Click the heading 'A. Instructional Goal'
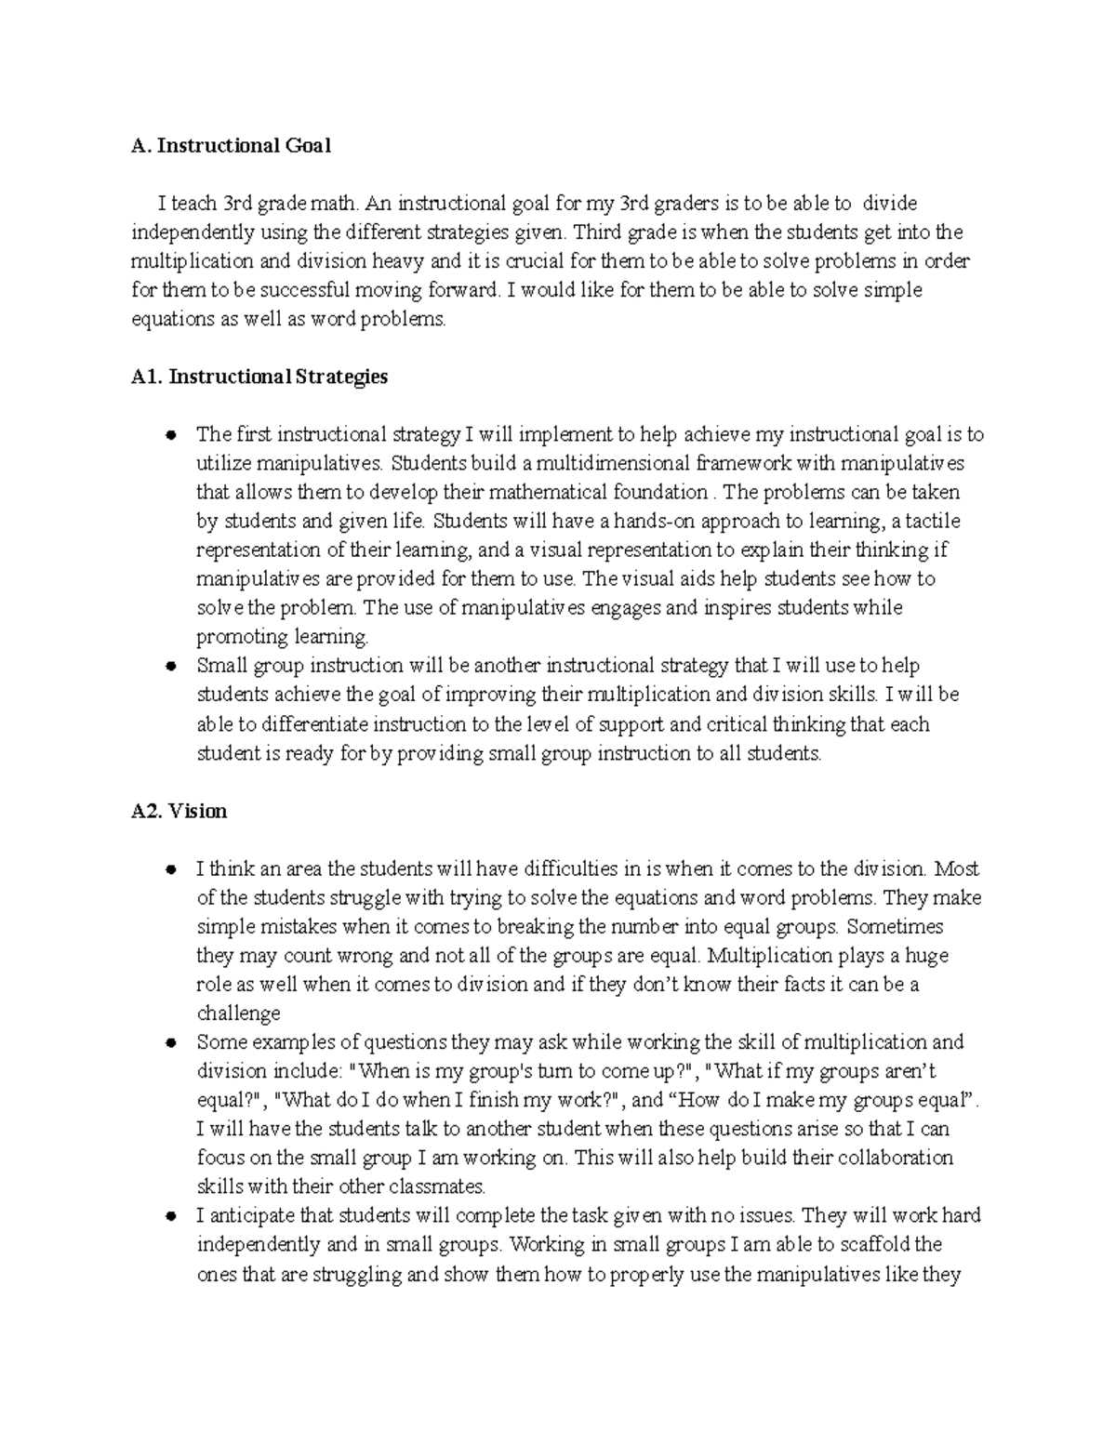tap(231, 146)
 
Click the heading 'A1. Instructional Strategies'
tap(259, 377)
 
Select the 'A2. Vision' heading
tap(179, 811)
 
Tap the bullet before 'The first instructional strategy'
tap(170, 435)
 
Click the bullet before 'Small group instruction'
tap(170, 667)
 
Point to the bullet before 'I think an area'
tap(170, 870)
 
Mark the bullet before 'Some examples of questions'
tap(170, 1043)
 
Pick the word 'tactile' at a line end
tap(931, 521)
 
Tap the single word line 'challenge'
tap(238, 1013)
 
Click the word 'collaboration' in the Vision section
tap(896, 1158)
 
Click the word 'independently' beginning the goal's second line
tap(184, 232)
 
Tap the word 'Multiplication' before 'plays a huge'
tap(771, 956)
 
